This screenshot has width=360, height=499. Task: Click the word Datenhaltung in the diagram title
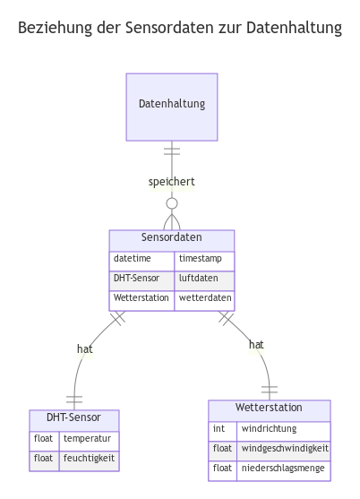(x=297, y=30)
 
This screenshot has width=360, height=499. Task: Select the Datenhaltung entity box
(x=172, y=106)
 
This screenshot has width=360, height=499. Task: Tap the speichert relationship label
(x=172, y=183)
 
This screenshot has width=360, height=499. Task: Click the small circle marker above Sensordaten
(x=172, y=203)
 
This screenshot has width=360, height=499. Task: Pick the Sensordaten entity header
(x=172, y=238)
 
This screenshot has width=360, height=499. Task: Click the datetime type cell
(x=141, y=258)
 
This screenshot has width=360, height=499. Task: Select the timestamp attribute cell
(x=204, y=258)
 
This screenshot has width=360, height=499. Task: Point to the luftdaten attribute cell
(x=204, y=278)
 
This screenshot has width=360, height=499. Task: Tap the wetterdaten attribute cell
(x=204, y=297)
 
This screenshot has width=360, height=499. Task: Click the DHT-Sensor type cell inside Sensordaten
(x=141, y=278)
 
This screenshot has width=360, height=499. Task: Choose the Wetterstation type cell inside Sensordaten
(x=141, y=297)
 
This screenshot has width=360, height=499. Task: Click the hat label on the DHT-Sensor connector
(x=85, y=350)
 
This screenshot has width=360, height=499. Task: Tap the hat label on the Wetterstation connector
(x=256, y=345)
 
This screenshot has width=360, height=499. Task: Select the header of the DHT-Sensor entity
(x=73, y=418)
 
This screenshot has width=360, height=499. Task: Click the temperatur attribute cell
(x=88, y=439)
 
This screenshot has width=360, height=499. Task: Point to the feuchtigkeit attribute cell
(x=88, y=459)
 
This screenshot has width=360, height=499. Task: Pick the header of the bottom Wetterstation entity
(x=269, y=409)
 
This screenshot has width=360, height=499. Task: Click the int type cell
(x=223, y=428)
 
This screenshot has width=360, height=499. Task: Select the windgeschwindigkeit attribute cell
(x=284, y=448)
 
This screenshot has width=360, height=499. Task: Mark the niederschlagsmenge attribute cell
(x=284, y=468)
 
